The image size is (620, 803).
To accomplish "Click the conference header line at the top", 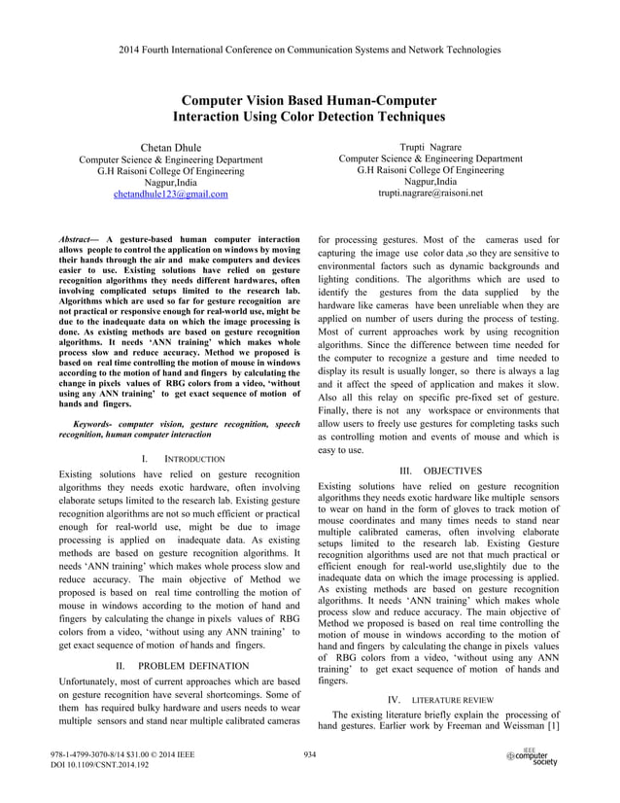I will click(309, 48).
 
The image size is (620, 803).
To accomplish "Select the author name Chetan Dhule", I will click(170, 147).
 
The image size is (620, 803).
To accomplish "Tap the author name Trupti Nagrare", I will click(430, 145).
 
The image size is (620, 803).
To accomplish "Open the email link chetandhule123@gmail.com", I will click(170, 194).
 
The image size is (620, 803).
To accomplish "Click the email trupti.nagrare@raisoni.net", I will click(430, 193).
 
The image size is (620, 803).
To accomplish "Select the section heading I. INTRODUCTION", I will click(183, 457).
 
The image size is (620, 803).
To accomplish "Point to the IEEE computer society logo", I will click(532, 757).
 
